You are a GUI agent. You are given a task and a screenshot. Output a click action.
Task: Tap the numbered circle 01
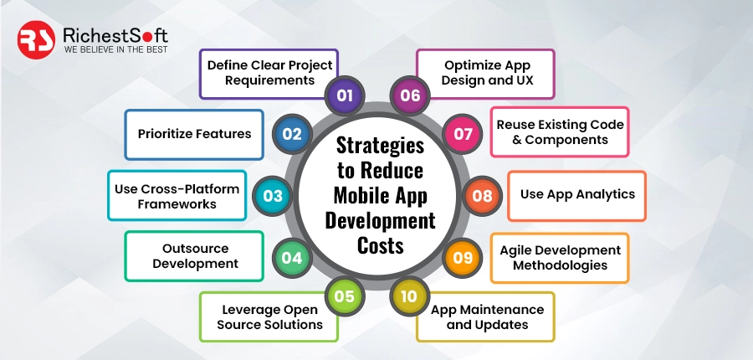[344, 95]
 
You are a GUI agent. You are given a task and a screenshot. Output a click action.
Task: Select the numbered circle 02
[292, 134]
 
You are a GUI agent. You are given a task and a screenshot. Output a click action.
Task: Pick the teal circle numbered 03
[272, 196]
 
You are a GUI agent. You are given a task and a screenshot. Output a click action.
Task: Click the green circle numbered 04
[291, 258]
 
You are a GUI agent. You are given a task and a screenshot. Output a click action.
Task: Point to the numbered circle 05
[344, 296]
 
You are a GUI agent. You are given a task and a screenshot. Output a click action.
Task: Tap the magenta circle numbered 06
[409, 95]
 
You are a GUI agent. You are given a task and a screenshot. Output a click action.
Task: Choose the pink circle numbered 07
[463, 134]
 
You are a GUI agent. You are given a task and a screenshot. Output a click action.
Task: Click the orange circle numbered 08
[482, 196]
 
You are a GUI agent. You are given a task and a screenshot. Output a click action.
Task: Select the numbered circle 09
[463, 258]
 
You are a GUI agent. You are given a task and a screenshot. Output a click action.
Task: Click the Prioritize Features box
[194, 134]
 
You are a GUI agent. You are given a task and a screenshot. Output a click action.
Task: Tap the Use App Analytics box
[577, 194]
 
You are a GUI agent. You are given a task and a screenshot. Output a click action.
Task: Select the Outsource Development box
[194, 255]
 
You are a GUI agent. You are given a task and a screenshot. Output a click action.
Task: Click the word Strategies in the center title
[380, 145]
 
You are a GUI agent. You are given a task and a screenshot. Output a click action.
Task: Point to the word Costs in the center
[380, 247]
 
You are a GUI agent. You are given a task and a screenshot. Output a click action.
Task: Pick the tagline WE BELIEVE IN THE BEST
[115, 50]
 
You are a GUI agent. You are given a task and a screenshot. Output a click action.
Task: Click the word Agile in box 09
[519, 249]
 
